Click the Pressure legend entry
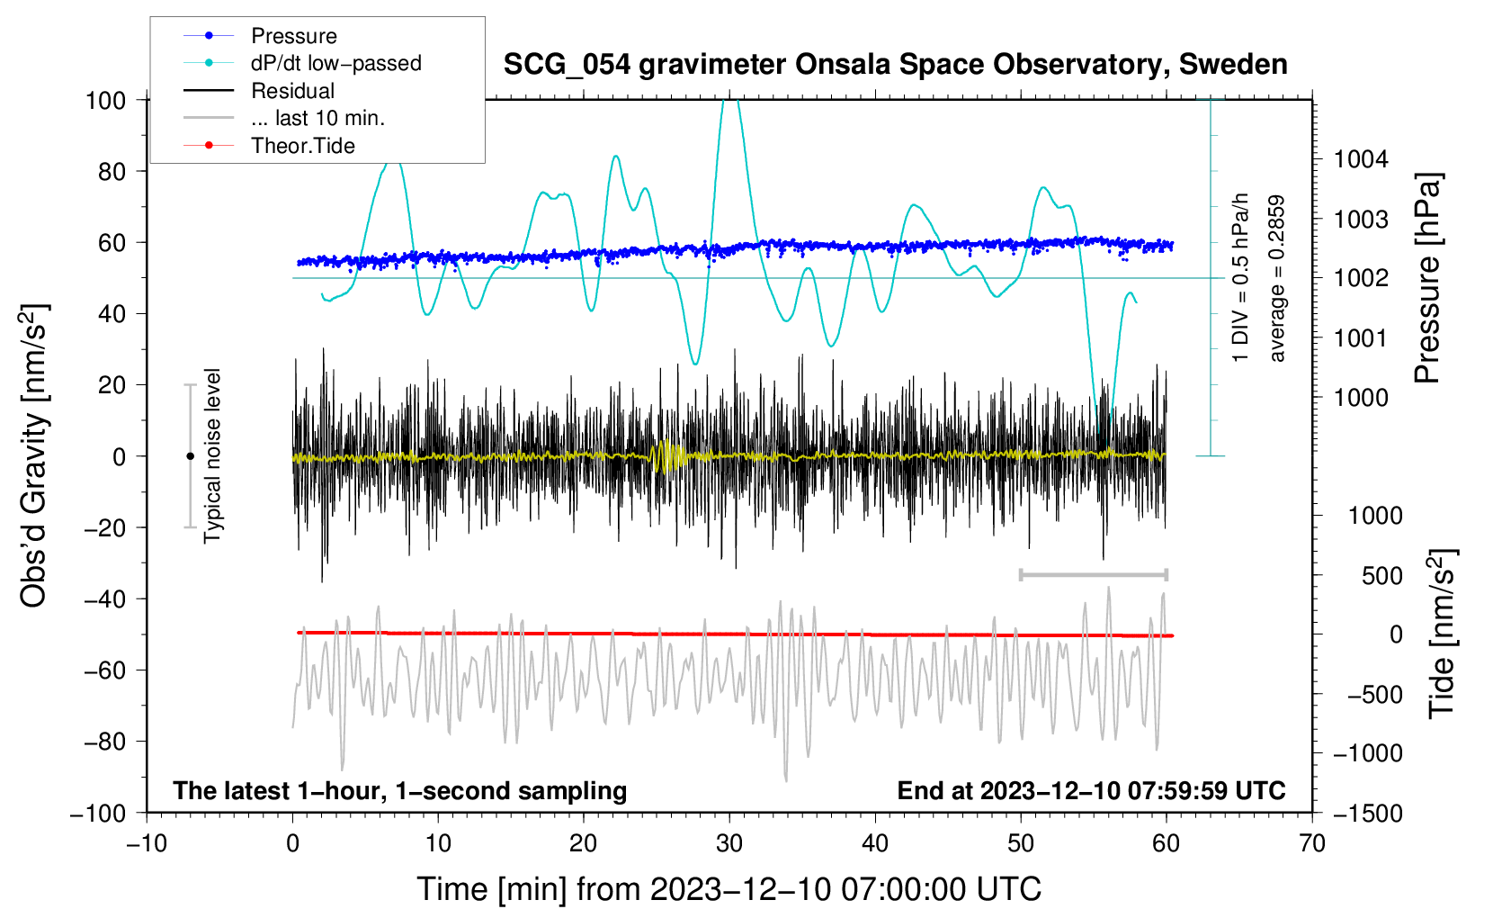pyautogui.click(x=260, y=35)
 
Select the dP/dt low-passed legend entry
pyautogui.click(x=302, y=63)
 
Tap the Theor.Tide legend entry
pyautogui.click(x=269, y=146)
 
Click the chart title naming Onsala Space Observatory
pyautogui.click(x=895, y=65)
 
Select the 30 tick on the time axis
pyautogui.click(x=729, y=844)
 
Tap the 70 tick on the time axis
pyautogui.click(x=1311, y=844)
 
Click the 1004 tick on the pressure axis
pyautogui.click(x=1361, y=159)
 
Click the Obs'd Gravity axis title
pyautogui.click(x=34, y=456)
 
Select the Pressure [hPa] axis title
pyautogui.click(x=1427, y=279)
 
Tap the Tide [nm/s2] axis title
pyautogui.click(x=1442, y=634)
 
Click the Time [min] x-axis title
pyautogui.click(x=729, y=889)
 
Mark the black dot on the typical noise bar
pyautogui.click(x=190, y=456)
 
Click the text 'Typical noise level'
pyautogui.click(x=212, y=456)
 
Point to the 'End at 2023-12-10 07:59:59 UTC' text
pyautogui.click(x=1091, y=791)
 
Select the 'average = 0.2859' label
pyautogui.click(x=1276, y=279)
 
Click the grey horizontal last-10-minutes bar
pyautogui.click(x=1093, y=574)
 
